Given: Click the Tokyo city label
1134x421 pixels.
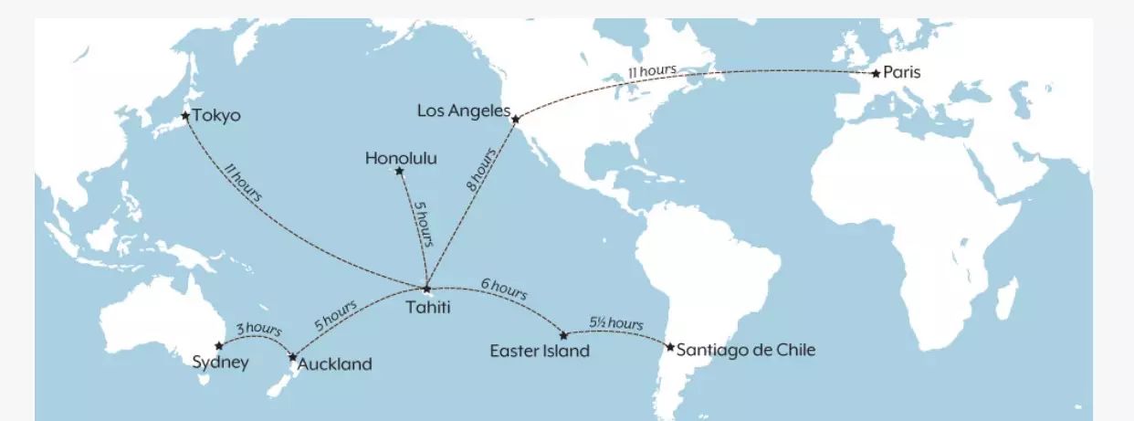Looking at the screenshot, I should (217, 116).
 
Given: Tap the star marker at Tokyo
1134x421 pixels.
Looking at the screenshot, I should (185, 116).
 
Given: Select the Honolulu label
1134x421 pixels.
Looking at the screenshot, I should (401, 159).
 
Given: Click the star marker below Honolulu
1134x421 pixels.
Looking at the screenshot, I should (399, 171).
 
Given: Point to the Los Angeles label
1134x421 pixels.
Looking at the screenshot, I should (463, 111).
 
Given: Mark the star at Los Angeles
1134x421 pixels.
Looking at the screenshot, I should (516, 120).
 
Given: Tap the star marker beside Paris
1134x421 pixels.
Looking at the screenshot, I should (877, 73).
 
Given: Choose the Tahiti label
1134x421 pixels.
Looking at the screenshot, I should (427, 307).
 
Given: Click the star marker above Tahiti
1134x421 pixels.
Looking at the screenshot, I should (426, 289).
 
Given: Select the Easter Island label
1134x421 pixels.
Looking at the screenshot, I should (540, 351).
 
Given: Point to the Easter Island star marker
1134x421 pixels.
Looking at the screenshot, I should (563, 335).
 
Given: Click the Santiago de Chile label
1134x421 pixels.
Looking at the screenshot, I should (746, 349).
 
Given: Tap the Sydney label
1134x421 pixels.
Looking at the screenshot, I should (220, 363).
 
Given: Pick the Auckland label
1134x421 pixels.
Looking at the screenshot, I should (335, 364).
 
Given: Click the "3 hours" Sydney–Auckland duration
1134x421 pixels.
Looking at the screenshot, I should (258, 329).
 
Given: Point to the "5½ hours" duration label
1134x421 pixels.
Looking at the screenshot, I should (616, 323).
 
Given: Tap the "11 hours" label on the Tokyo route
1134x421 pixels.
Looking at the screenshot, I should (242, 183).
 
